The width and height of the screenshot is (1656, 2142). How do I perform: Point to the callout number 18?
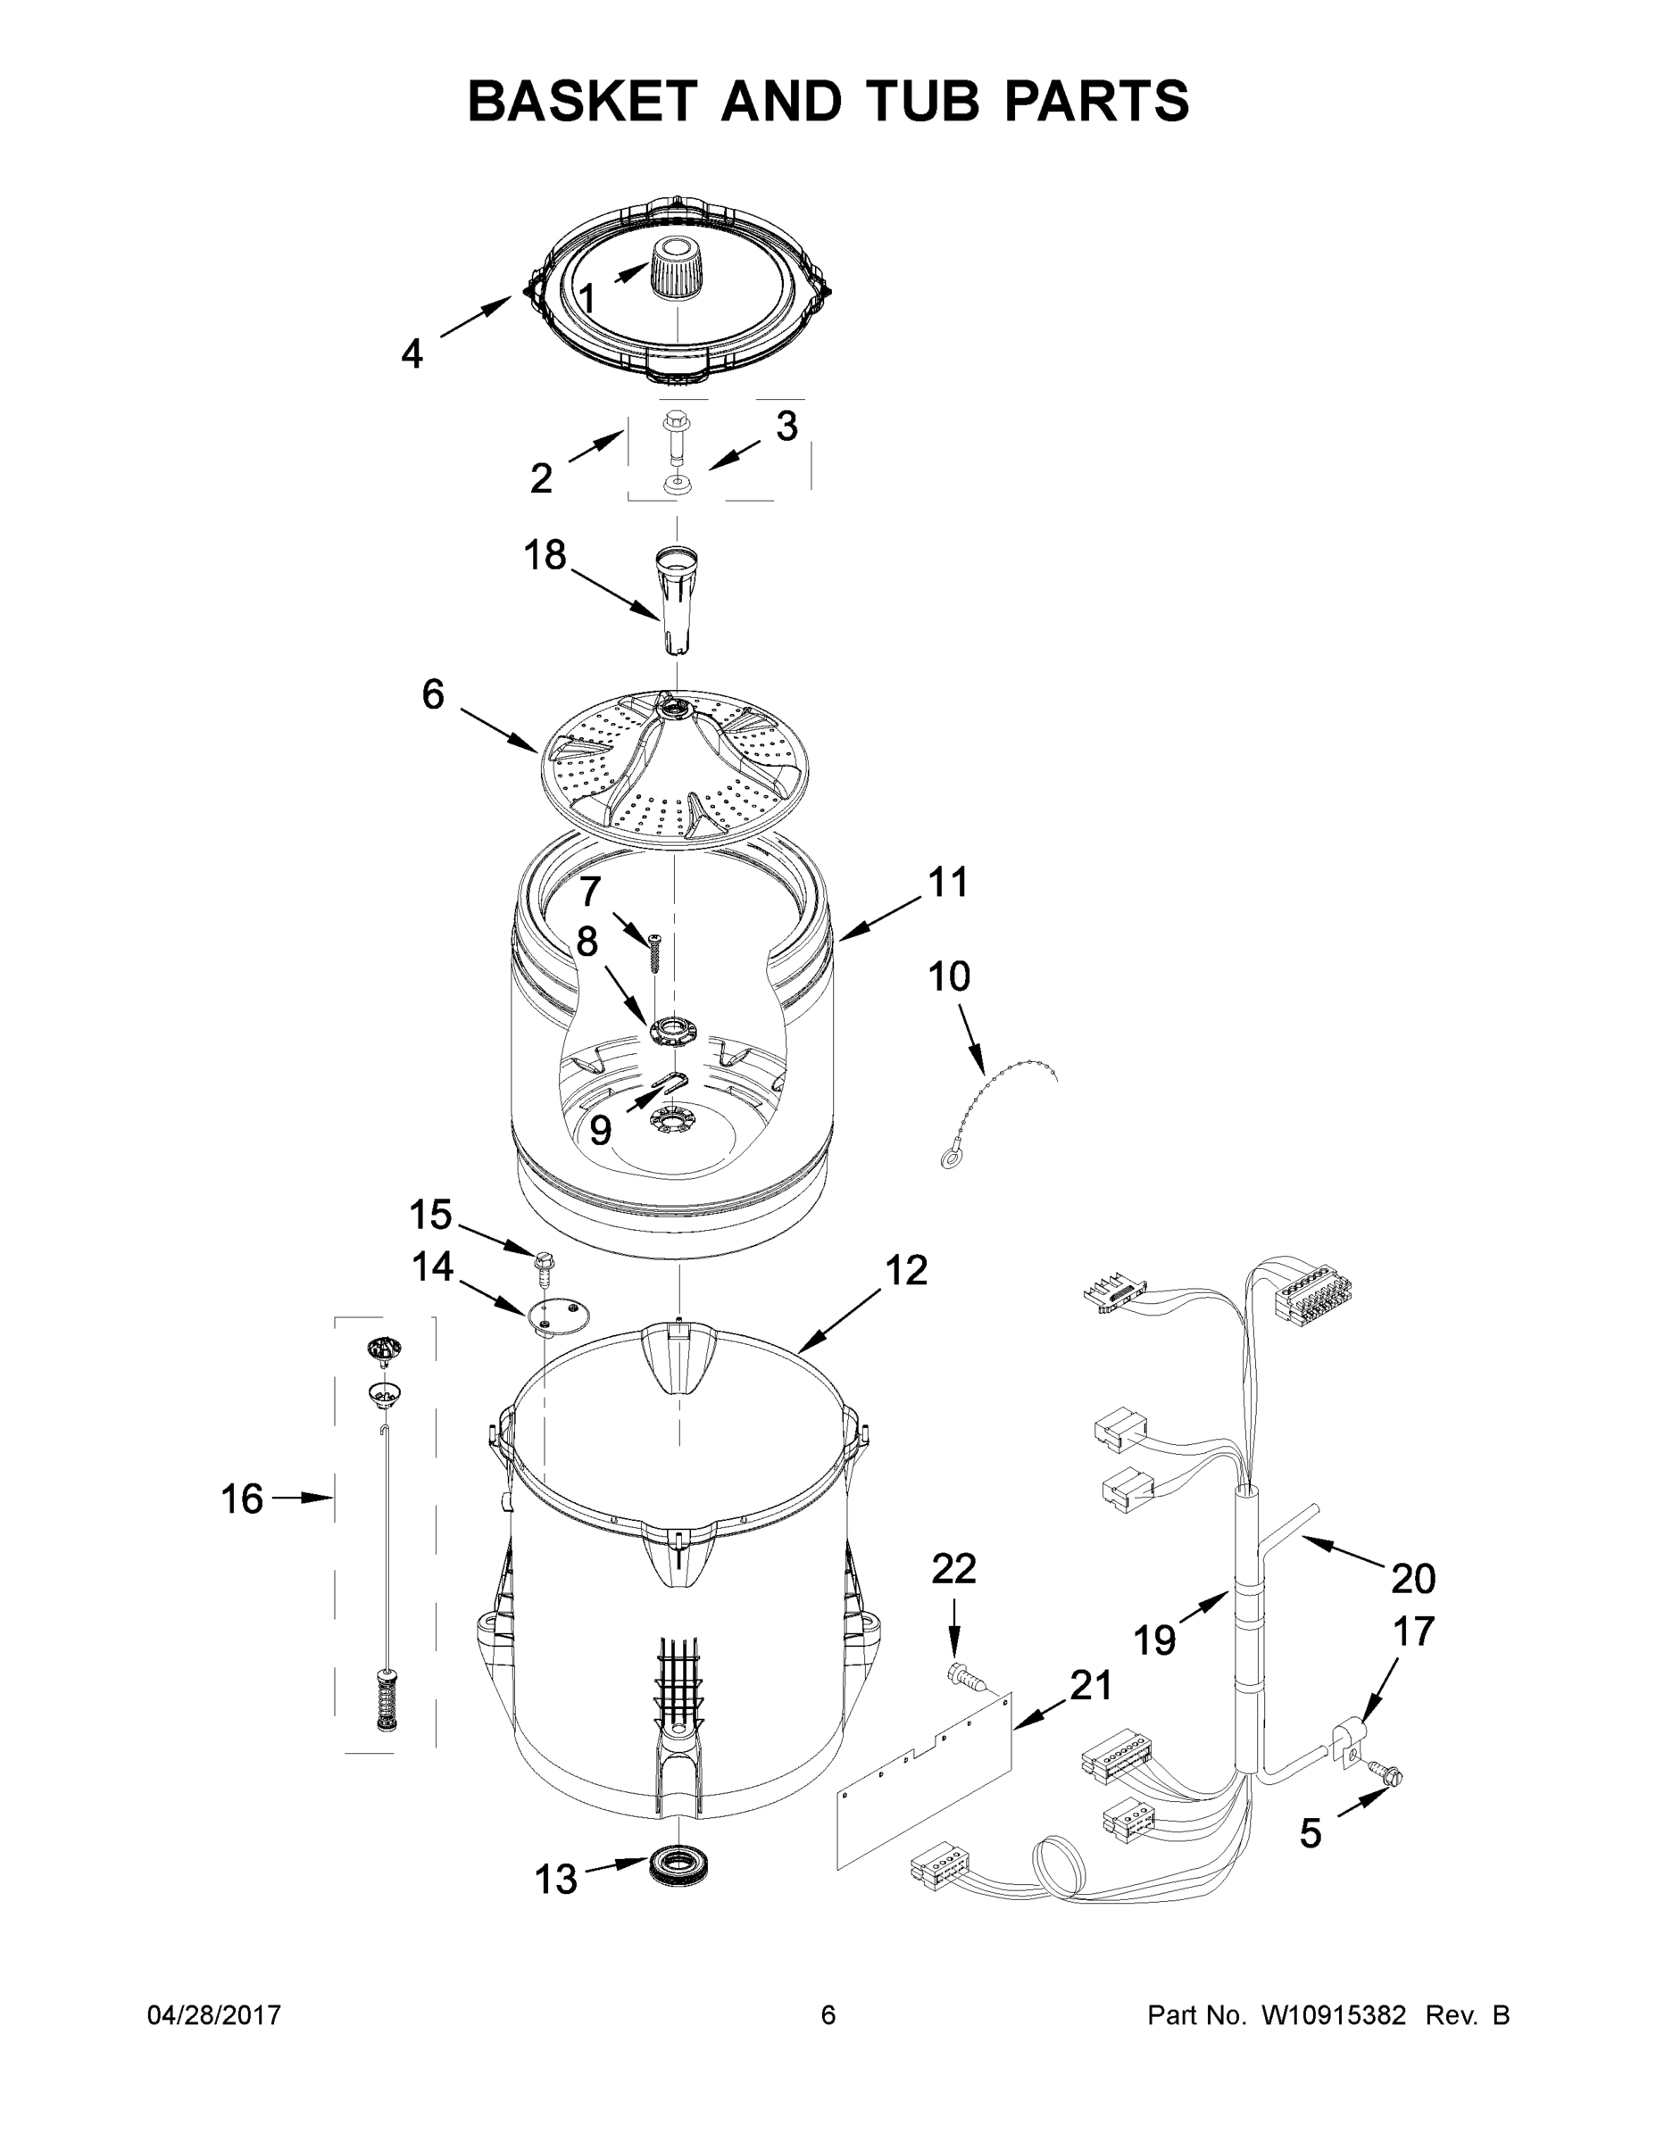(545, 556)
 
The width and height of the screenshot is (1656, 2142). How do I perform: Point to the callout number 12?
(905, 1270)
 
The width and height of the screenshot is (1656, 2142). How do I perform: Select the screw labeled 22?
(963, 1678)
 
